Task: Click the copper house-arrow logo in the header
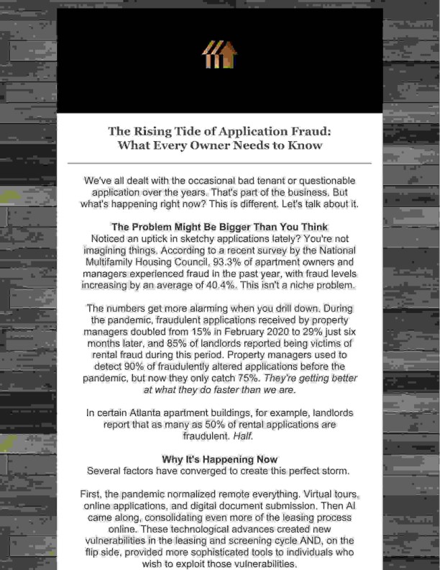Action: [x=219, y=55]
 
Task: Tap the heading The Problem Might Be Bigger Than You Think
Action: [x=219, y=226]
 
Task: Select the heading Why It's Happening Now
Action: [x=219, y=459]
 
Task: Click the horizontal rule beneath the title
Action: [x=219, y=164]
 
